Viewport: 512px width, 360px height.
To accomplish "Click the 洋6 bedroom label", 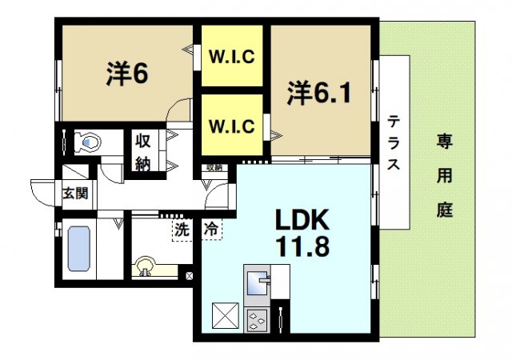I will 127,74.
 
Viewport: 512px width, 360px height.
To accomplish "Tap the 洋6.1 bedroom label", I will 319,94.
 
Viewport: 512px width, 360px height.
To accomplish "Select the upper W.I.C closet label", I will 232,57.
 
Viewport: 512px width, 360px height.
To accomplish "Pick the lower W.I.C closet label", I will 232,126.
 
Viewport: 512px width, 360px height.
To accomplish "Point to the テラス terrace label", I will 394,144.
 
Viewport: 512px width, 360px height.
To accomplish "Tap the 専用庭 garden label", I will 444,176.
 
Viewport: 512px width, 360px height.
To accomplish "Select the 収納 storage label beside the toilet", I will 143,151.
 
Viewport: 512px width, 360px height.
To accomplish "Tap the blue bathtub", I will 78,249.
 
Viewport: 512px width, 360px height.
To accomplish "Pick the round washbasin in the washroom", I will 146,266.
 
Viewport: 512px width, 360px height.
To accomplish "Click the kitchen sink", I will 258,284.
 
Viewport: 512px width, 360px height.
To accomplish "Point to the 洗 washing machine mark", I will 183,228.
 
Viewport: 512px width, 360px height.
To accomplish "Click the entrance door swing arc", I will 42,189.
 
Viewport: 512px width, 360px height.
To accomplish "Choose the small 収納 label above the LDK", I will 214,168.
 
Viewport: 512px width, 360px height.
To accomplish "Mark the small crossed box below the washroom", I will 190,276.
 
